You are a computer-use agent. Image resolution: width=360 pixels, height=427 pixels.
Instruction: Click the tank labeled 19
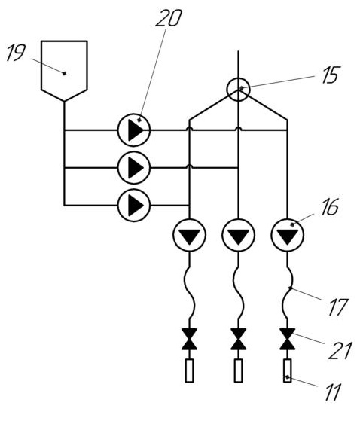(x=64, y=71)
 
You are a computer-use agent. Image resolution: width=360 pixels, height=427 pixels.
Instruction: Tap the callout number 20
(x=169, y=18)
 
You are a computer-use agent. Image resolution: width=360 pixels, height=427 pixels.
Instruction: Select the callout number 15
(x=331, y=75)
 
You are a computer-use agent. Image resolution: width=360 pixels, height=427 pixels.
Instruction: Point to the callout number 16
(x=330, y=207)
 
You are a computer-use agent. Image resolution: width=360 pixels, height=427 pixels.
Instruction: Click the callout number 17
(x=338, y=307)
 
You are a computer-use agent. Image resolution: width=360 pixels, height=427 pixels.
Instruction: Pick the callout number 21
(x=340, y=351)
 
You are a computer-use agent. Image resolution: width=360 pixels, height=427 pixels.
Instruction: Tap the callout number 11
(x=334, y=392)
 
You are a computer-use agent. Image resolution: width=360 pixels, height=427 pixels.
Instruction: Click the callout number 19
(x=16, y=52)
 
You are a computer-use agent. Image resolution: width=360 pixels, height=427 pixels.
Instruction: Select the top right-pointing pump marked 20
(x=134, y=130)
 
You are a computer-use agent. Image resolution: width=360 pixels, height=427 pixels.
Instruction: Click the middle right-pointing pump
(x=134, y=168)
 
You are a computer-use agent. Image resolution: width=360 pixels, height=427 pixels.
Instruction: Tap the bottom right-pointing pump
(x=134, y=206)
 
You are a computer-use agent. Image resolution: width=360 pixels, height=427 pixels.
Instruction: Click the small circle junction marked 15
(x=238, y=90)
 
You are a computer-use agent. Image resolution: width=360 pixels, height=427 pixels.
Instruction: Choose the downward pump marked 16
(x=287, y=235)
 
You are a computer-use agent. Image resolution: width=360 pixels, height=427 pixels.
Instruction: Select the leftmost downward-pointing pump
(x=190, y=235)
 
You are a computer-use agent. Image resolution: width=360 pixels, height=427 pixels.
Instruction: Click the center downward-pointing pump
(x=238, y=235)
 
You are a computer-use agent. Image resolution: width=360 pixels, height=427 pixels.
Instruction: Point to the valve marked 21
(x=287, y=339)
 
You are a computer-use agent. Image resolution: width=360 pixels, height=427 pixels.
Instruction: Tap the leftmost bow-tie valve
(x=190, y=339)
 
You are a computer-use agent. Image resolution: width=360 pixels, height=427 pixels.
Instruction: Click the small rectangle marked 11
(x=287, y=371)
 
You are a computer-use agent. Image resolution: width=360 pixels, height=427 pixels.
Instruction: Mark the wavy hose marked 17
(x=287, y=290)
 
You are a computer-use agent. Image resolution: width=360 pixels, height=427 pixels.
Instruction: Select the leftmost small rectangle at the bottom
(x=190, y=371)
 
